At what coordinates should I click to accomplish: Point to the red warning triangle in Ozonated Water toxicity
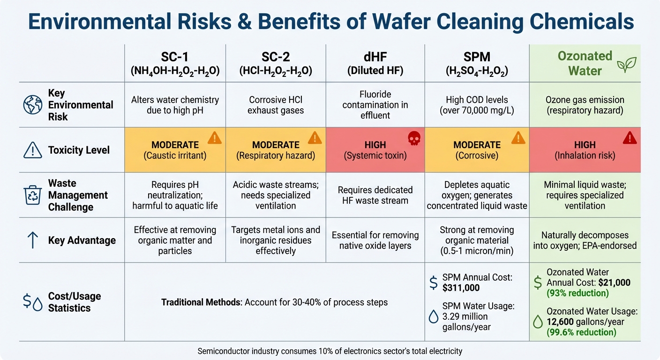[x=630, y=138]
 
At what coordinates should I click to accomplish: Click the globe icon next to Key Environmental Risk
[x=32, y=105]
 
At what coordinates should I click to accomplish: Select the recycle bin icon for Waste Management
[x=32, y=195]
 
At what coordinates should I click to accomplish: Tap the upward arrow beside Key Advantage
[x=32, y=240]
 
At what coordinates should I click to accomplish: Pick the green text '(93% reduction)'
[x=577, y=293]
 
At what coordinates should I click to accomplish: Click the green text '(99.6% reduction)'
[x=581, y=332]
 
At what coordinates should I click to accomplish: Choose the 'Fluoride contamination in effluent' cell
[x=375, y=105]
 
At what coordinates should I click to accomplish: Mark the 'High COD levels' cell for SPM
[x=477, y=105]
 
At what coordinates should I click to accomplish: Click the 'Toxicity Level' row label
[x=79, y=150]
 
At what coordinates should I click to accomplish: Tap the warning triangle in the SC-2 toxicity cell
[x=315, y=138]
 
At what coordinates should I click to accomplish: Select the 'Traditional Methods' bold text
[x=201, y=302]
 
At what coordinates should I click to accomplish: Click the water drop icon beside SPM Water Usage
[x=434, y=317]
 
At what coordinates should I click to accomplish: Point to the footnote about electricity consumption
[x=330, y=351]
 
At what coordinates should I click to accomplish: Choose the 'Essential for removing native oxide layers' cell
[x=375, y=240]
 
